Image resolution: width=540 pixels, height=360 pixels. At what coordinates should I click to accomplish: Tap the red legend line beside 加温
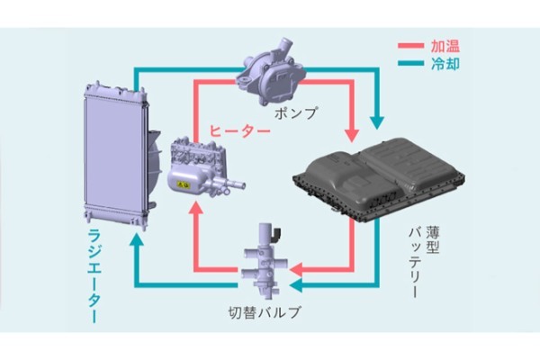click(412, 45)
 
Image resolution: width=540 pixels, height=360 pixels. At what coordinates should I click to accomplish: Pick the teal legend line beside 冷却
click(412, 63)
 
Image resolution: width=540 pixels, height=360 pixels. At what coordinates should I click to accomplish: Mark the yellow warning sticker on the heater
click(184, 185)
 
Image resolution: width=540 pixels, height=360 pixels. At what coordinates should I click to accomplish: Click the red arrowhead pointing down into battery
click(353, 135)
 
